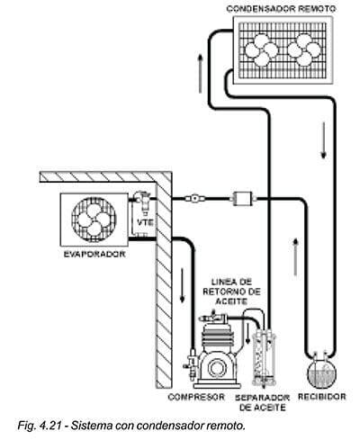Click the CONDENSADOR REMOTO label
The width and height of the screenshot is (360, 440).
(x=281, y=9)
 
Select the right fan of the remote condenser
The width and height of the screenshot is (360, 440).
(x=304, y=49)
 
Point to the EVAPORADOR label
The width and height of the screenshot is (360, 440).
(x=94, y=254)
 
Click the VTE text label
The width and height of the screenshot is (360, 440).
(x=145, y=222)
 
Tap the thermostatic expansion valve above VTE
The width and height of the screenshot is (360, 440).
(x=142, y=201)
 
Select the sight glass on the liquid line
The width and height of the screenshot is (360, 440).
(x=195, y=198)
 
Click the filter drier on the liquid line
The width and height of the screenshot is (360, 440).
(x=243, y=198)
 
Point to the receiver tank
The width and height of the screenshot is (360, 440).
(x=321, y=371)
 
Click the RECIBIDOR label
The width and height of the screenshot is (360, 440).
(x=322, y=397)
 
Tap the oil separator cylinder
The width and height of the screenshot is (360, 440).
(x=264, y=359)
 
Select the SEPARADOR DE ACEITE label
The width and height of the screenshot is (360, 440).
(x=262, y=402)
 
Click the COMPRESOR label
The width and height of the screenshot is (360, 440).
(x=196, y=397)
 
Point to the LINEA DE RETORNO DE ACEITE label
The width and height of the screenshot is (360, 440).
(x=231, y=292)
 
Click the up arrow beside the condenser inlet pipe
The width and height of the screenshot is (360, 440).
(x=200, y=74)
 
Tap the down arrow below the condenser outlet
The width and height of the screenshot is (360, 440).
(x=323, y=140)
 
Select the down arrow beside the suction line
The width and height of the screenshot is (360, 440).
(x=182, y=284)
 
